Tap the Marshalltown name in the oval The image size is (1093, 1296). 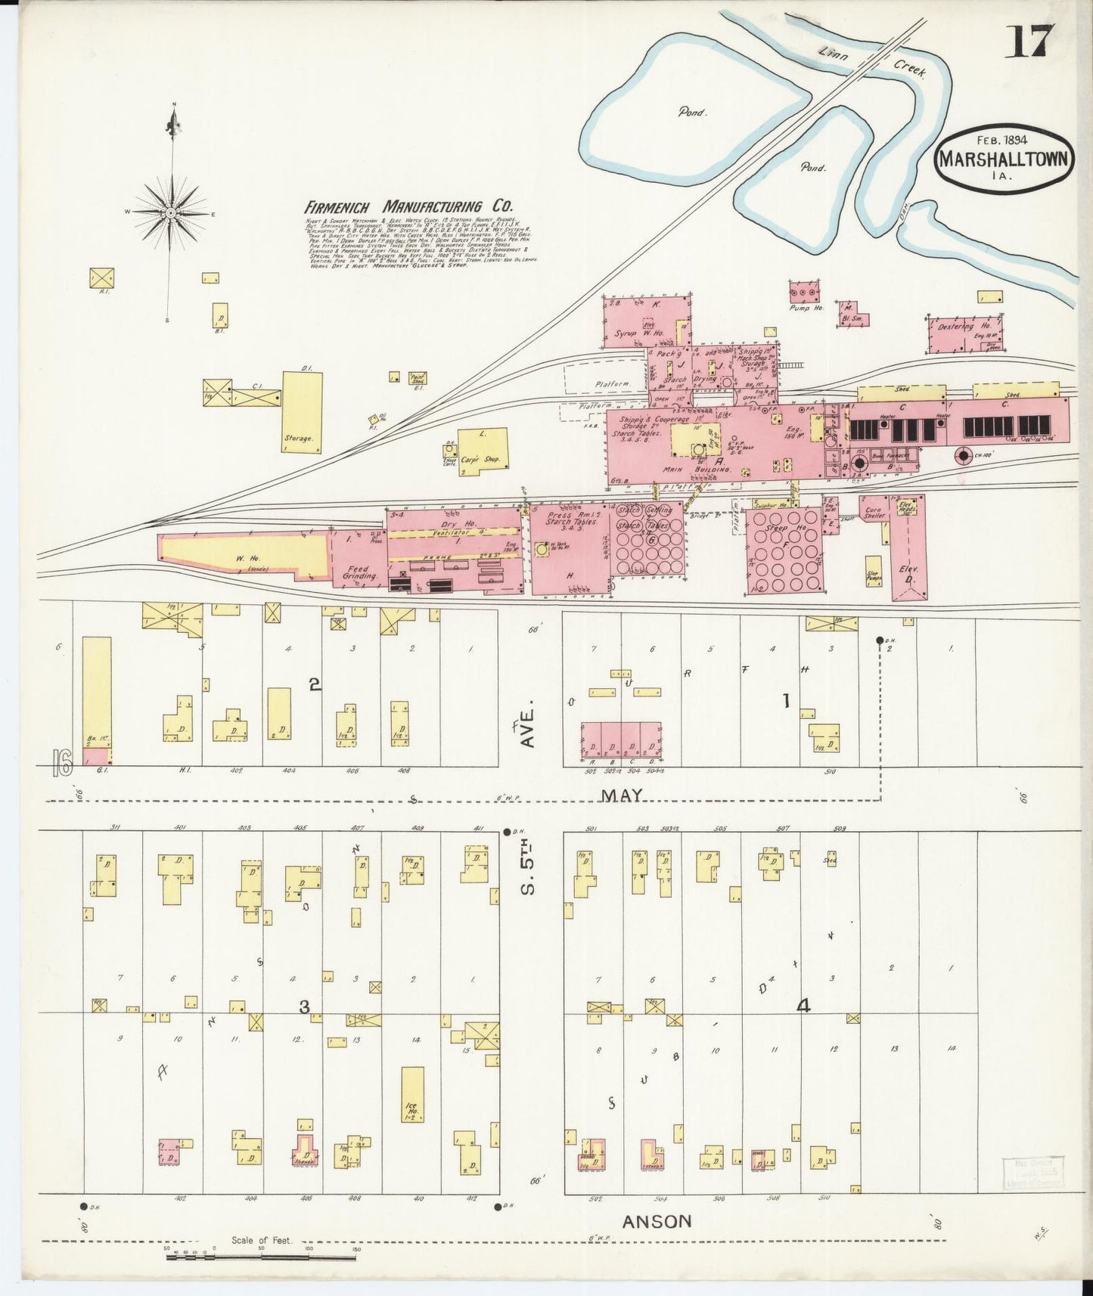pyautogui.click(x=1005, y=160)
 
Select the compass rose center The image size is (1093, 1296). pyautogui.click(x=172, y=214)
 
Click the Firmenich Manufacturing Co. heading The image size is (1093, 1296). pyautogui.click(x=408, y=206)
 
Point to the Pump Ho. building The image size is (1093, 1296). pyautogui.click(x=803, y=291)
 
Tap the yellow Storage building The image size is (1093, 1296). pyautogui.click(x=302, y=412)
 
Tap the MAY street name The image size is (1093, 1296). pyautogui.click(x=622, y=795)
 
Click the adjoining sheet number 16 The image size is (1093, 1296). pyautogui.click(x=62, y=764)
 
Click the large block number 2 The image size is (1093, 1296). pyautogui.click(x=315, y=684)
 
